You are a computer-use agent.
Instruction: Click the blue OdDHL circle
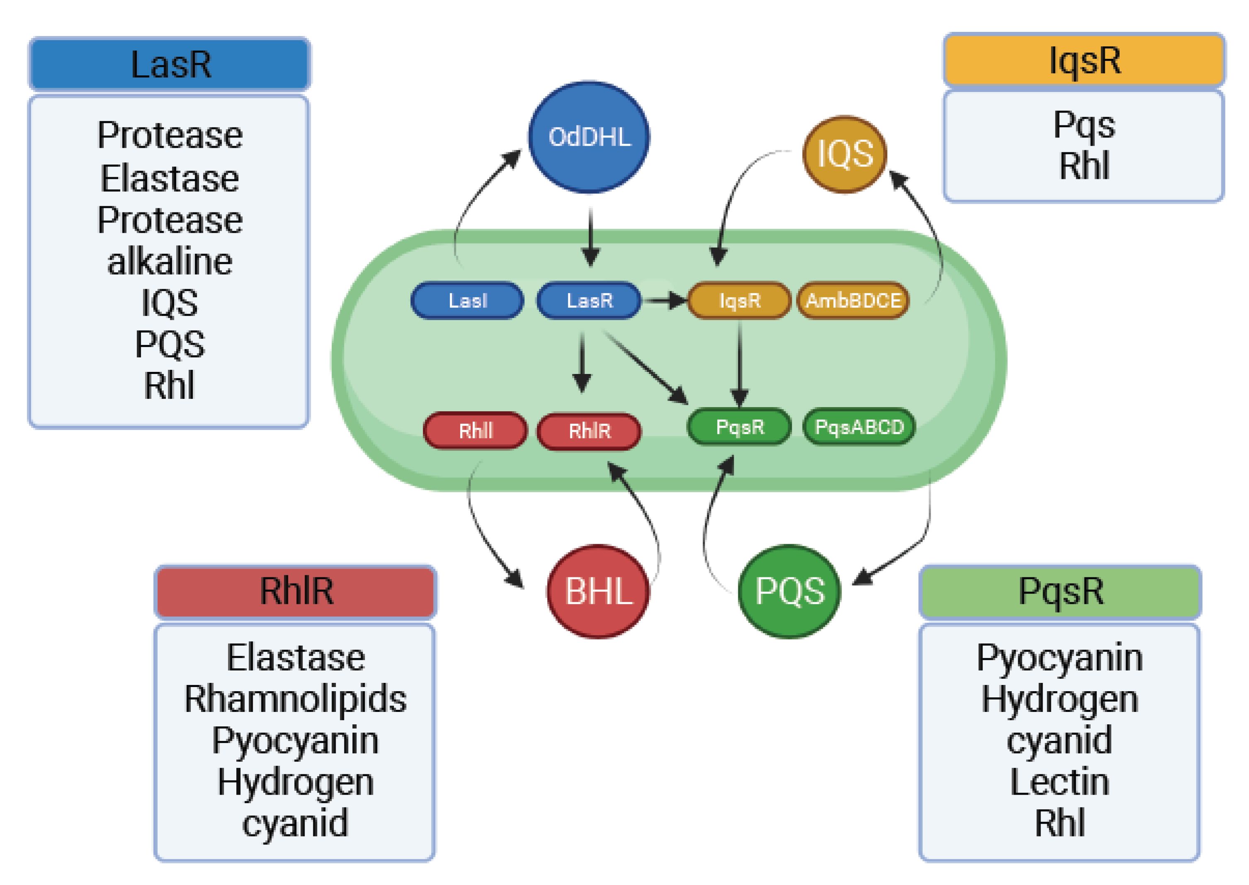(x=589, y=137)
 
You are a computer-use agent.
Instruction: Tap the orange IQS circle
(x=845, y=154)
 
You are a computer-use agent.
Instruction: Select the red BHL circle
(x=598, y=591)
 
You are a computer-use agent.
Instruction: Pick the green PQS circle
(x=789, y=591)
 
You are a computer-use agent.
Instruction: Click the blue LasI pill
(x=468, y=300)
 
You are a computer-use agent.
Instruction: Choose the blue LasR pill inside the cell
(x=589, y=300)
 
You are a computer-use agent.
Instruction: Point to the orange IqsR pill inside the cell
(x=739, y=300)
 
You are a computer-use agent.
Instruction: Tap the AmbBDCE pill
(x=853, y=300)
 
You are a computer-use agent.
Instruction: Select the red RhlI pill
(x=475, y=431)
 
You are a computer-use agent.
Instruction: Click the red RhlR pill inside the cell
(x=589, y=431)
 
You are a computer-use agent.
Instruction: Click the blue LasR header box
(x=170, y=64)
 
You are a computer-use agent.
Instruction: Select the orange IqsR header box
(x=1084, y=60)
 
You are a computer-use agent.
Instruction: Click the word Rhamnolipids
(x=296, y=699)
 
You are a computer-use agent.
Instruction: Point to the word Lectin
(x=1059, y=782)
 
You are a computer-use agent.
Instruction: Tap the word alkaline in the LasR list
(x=170, y=262)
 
